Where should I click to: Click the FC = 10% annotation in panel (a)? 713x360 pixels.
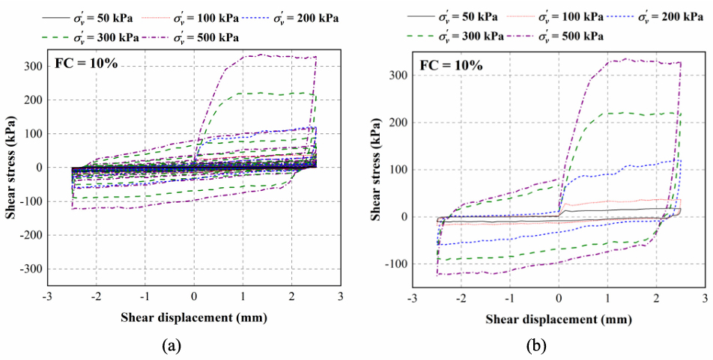[86, 63]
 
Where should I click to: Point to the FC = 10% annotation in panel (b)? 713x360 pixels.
[451, 65]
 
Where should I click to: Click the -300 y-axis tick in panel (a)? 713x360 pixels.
[32, 269]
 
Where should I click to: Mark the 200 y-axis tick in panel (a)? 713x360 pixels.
[34, 100]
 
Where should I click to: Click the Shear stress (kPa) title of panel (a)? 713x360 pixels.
[12, 166]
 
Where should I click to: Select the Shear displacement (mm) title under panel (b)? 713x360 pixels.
[558, 320]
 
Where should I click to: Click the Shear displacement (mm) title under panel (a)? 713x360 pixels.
[194, 317]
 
